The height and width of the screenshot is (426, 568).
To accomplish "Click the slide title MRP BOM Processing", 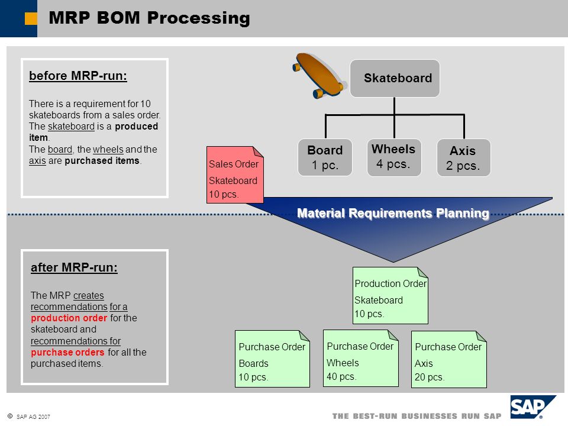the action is point(149,18).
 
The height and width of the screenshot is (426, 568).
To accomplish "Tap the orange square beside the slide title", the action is point(31,18).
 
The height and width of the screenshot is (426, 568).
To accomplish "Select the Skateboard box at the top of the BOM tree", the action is point(395,78).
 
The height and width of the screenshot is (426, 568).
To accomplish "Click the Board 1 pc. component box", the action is point(325,157).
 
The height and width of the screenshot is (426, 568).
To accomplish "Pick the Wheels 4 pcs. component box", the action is point(394,157).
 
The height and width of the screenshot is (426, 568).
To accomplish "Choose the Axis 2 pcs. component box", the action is point(464,157).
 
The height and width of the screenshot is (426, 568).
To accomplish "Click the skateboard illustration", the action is point(318,75).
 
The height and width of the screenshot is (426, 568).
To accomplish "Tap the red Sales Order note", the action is point(235,175).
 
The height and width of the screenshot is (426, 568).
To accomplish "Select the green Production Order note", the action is point(390,296).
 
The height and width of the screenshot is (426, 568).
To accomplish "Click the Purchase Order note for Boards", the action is point(272,359).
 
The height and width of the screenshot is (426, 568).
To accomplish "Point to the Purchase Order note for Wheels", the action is point(361,359).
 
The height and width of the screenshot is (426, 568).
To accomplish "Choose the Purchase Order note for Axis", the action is point(449,359).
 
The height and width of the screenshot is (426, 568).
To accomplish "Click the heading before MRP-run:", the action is point(78,76).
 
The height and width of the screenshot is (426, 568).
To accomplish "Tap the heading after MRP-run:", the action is point(75,267).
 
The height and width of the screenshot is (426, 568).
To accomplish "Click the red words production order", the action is point(69,318).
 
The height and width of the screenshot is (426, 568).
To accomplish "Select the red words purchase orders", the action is point(67,352).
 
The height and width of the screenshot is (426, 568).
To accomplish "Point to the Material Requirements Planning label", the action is point(393,213).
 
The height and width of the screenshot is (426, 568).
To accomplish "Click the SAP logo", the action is point(533,407).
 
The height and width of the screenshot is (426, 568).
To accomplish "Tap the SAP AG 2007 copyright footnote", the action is point(29,417).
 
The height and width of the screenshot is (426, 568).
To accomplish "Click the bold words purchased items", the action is point(102,160).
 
